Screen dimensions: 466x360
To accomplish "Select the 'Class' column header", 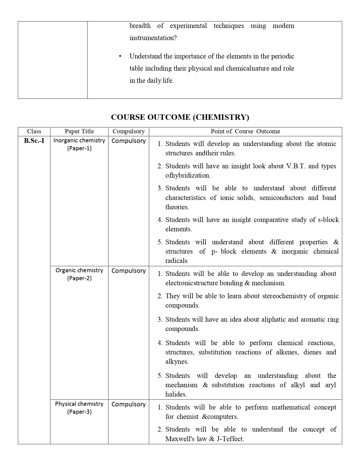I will click(x=34, y=131).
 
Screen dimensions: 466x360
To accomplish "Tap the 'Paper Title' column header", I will click(x=79, y=131).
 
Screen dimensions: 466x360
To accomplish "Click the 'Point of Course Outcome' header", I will click(x=245, y=131).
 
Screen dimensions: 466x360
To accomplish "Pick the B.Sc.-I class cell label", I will click(x=34, y=141).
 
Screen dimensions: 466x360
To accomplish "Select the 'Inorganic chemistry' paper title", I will click(x=79, y=140).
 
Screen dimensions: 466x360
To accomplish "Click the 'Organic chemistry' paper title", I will click(x=79, y=270).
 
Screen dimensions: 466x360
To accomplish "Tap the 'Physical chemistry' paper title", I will click(x=79, y=404).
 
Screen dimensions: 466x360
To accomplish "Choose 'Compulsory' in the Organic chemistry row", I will click(x=128, y=271).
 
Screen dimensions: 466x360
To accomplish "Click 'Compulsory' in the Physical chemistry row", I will click(x=128, y=404).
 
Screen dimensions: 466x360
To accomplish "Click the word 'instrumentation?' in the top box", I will click(x=153, y=38).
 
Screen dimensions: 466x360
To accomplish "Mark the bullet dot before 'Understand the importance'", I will click(x=120, y=56).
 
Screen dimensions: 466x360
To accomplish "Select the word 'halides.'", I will click(x=176, y=394).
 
